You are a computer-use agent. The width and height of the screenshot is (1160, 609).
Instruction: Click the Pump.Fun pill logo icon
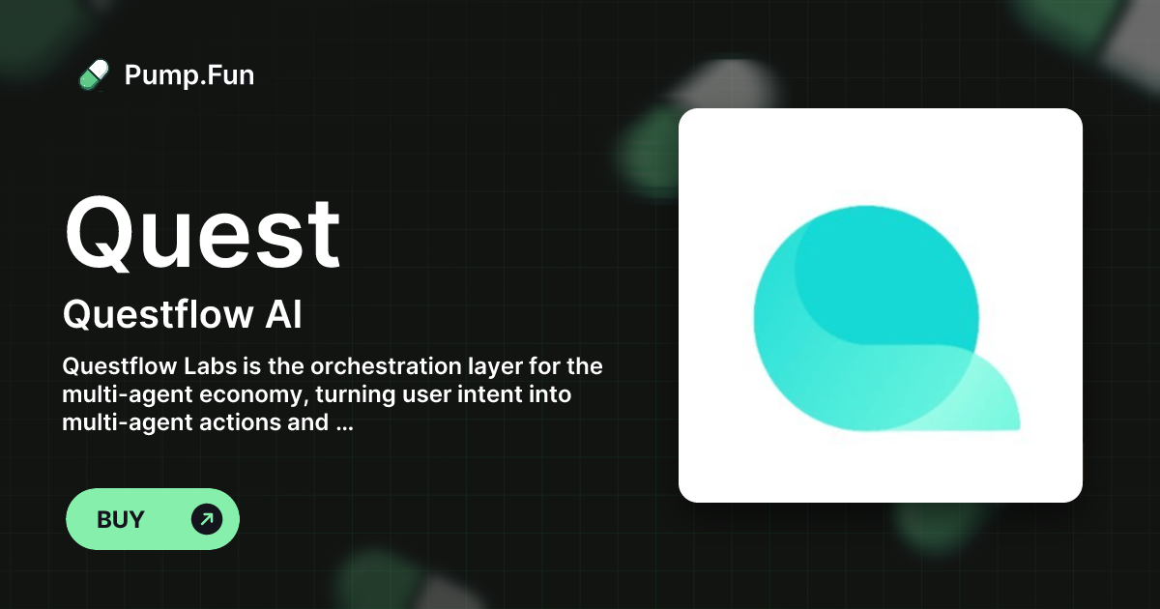coord(94,74)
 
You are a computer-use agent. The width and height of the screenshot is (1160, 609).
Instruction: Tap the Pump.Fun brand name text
coord(189,74)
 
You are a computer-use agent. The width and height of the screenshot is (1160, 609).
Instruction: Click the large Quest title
coord(202,234)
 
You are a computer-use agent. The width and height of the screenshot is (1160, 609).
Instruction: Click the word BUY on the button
coord(121,520)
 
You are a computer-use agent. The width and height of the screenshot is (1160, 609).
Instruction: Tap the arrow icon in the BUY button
coord(207,520)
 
